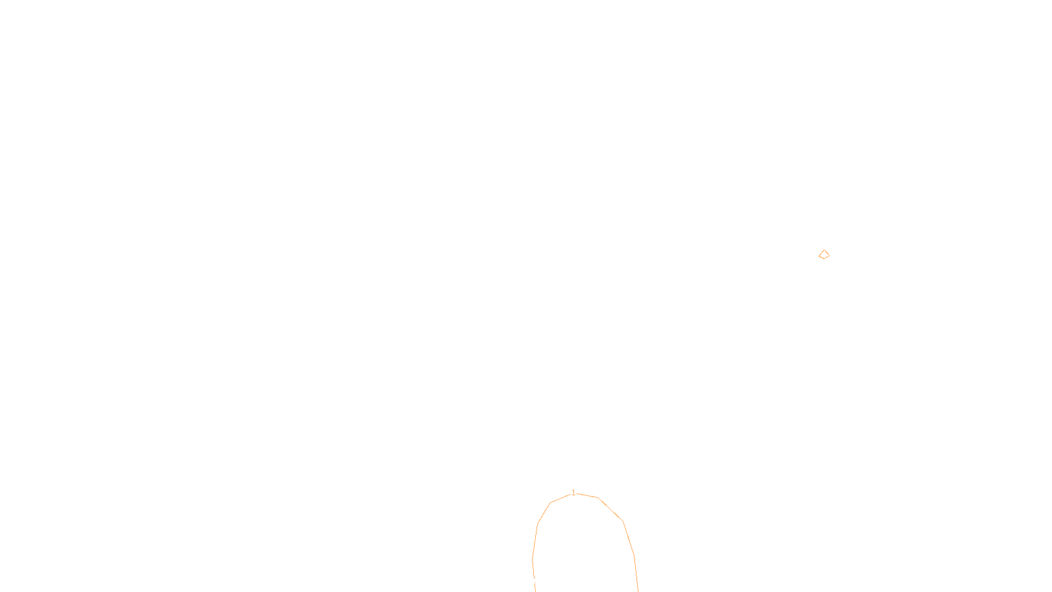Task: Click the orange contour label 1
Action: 573,493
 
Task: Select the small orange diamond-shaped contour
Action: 824,255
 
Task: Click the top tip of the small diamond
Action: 824,250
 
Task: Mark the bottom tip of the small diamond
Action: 823,259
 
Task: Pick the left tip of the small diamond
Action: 819,255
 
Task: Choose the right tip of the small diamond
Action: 829,255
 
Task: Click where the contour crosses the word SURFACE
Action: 534,581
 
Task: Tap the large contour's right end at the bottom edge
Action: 638,591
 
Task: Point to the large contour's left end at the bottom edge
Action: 535,591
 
